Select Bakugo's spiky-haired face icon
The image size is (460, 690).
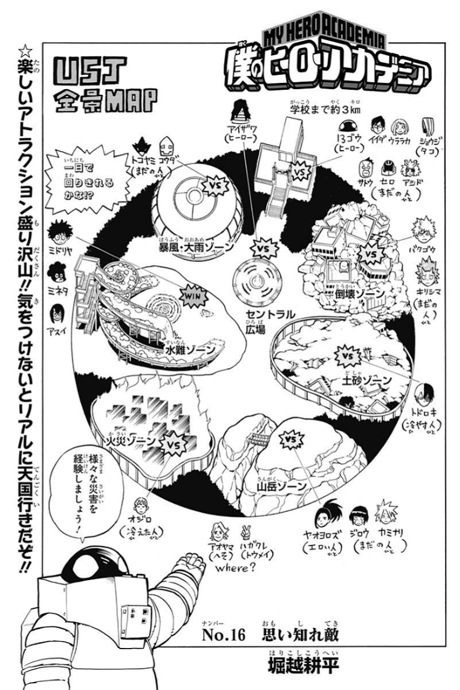click(x=423, y=230)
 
